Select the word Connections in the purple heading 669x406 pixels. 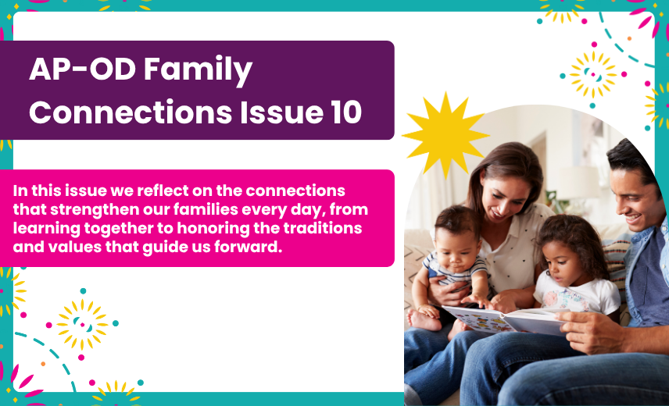[131, 112]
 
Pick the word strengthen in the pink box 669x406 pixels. [95, 210]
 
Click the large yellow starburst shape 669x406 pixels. [445, 136]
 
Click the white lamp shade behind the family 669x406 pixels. [579, 182]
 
